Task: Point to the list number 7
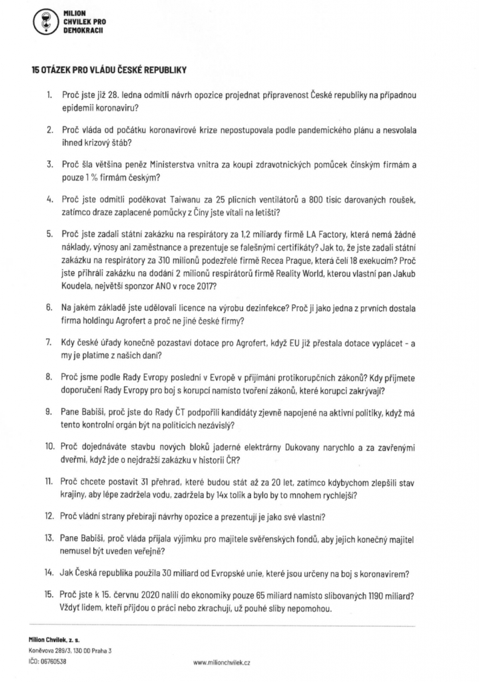point(48,342)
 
